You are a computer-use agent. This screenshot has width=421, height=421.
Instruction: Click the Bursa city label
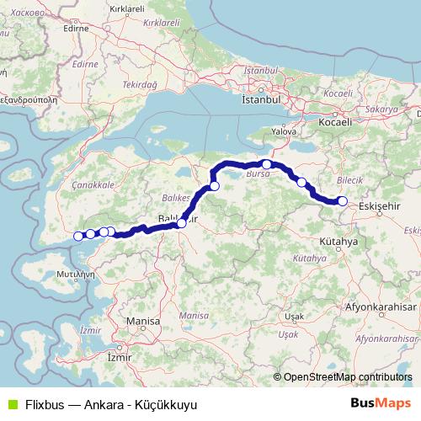click(x=256, y=174)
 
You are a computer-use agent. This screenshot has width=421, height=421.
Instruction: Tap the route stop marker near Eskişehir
click(x=343, y=200)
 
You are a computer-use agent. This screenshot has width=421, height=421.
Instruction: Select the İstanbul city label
click(x=260, y=99)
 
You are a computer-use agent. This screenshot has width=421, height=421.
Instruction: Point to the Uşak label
click(x=294, y=315)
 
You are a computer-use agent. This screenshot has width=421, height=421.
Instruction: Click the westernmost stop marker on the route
click(x=79, y=236)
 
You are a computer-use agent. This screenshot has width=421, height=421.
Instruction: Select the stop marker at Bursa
click(x=266, y=164)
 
